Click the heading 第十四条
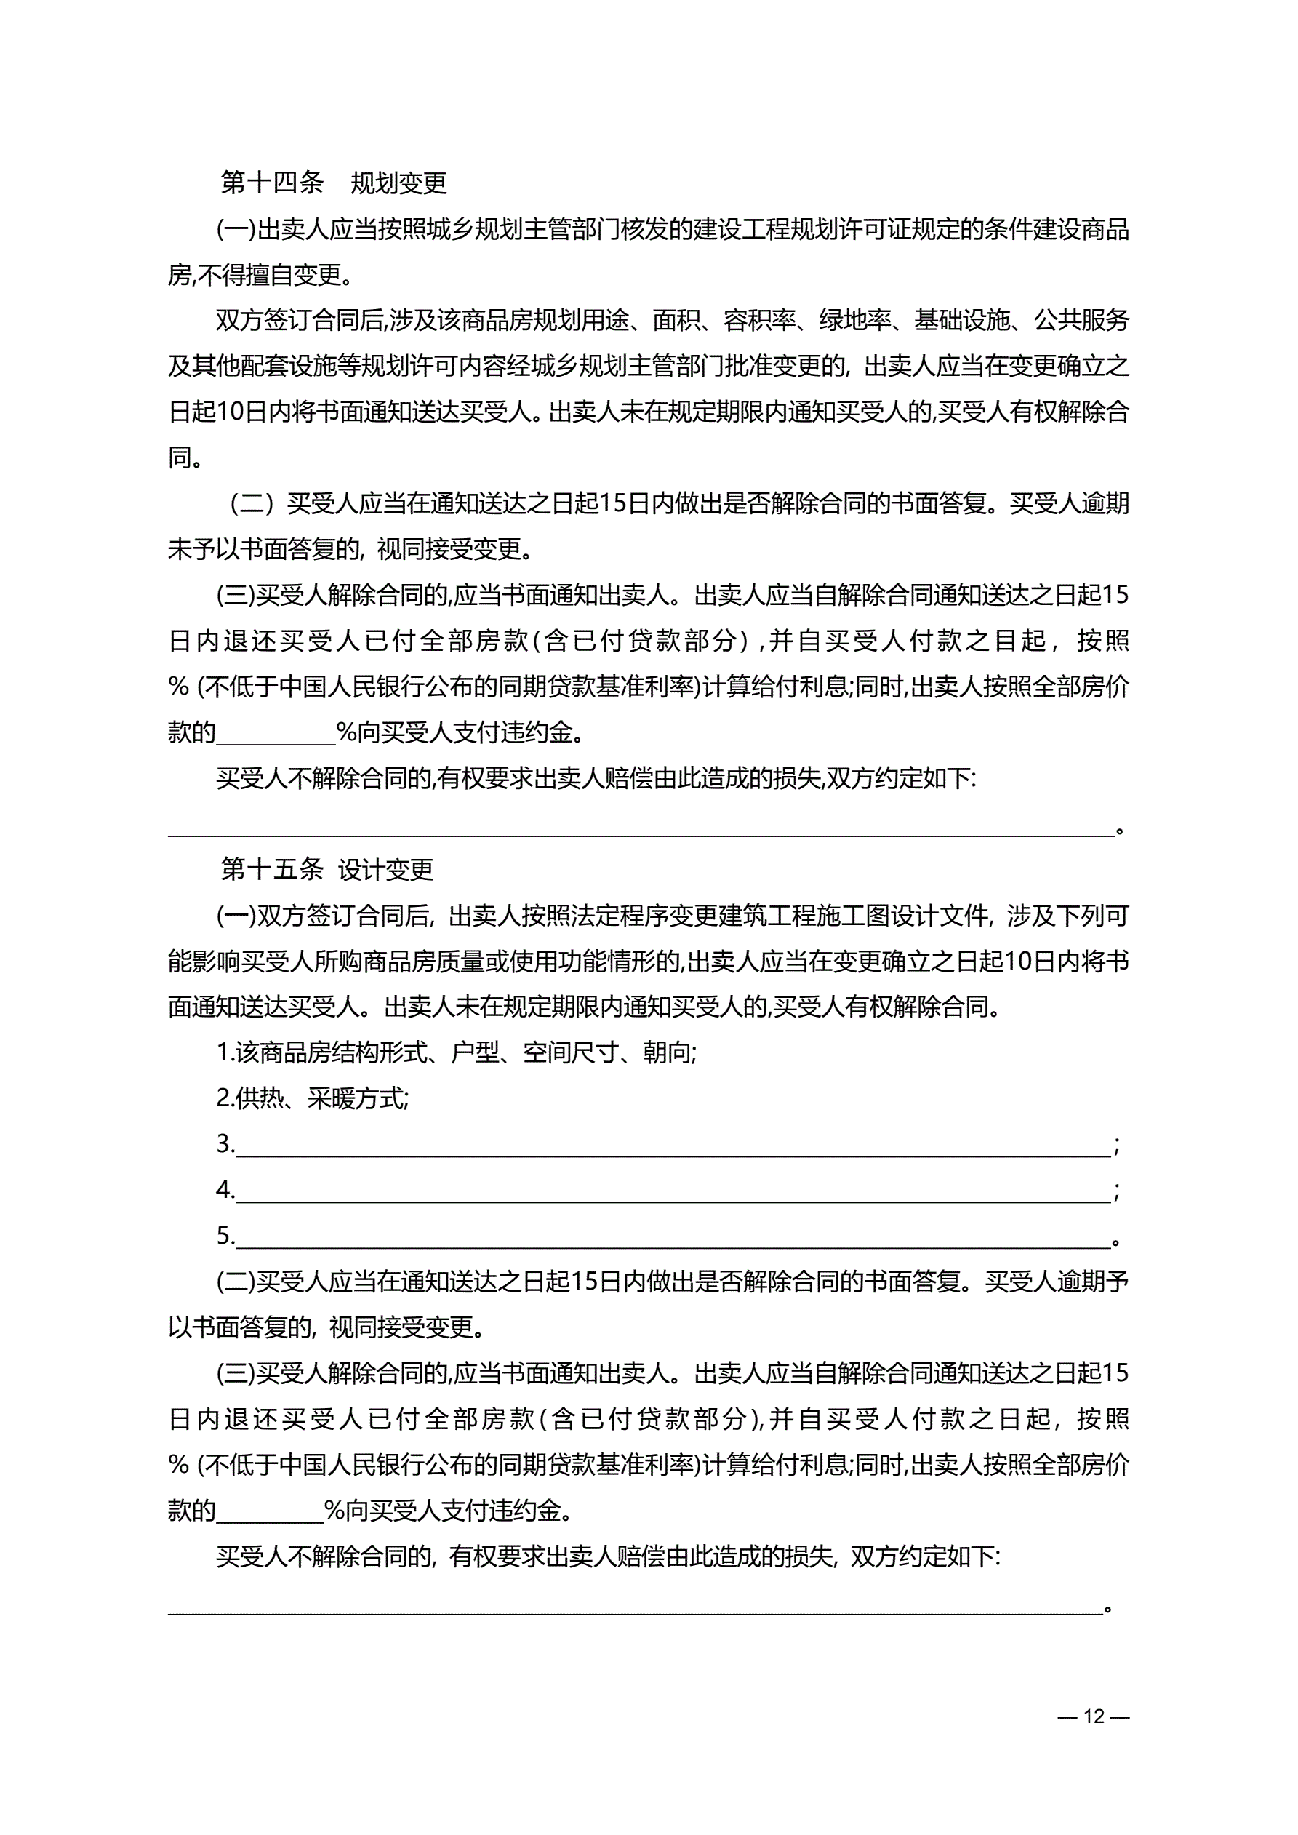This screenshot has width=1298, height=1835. [272, 183]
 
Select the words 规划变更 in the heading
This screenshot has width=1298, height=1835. [398, 183]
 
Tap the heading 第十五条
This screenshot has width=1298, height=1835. [272, 868]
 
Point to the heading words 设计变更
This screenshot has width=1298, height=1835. [385, 868]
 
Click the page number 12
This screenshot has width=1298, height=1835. [1093, 1716]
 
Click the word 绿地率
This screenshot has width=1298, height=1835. [855, 321]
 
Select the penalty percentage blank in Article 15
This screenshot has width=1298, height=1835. [269, 1511]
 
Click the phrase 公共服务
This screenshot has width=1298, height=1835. [1081, 321]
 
